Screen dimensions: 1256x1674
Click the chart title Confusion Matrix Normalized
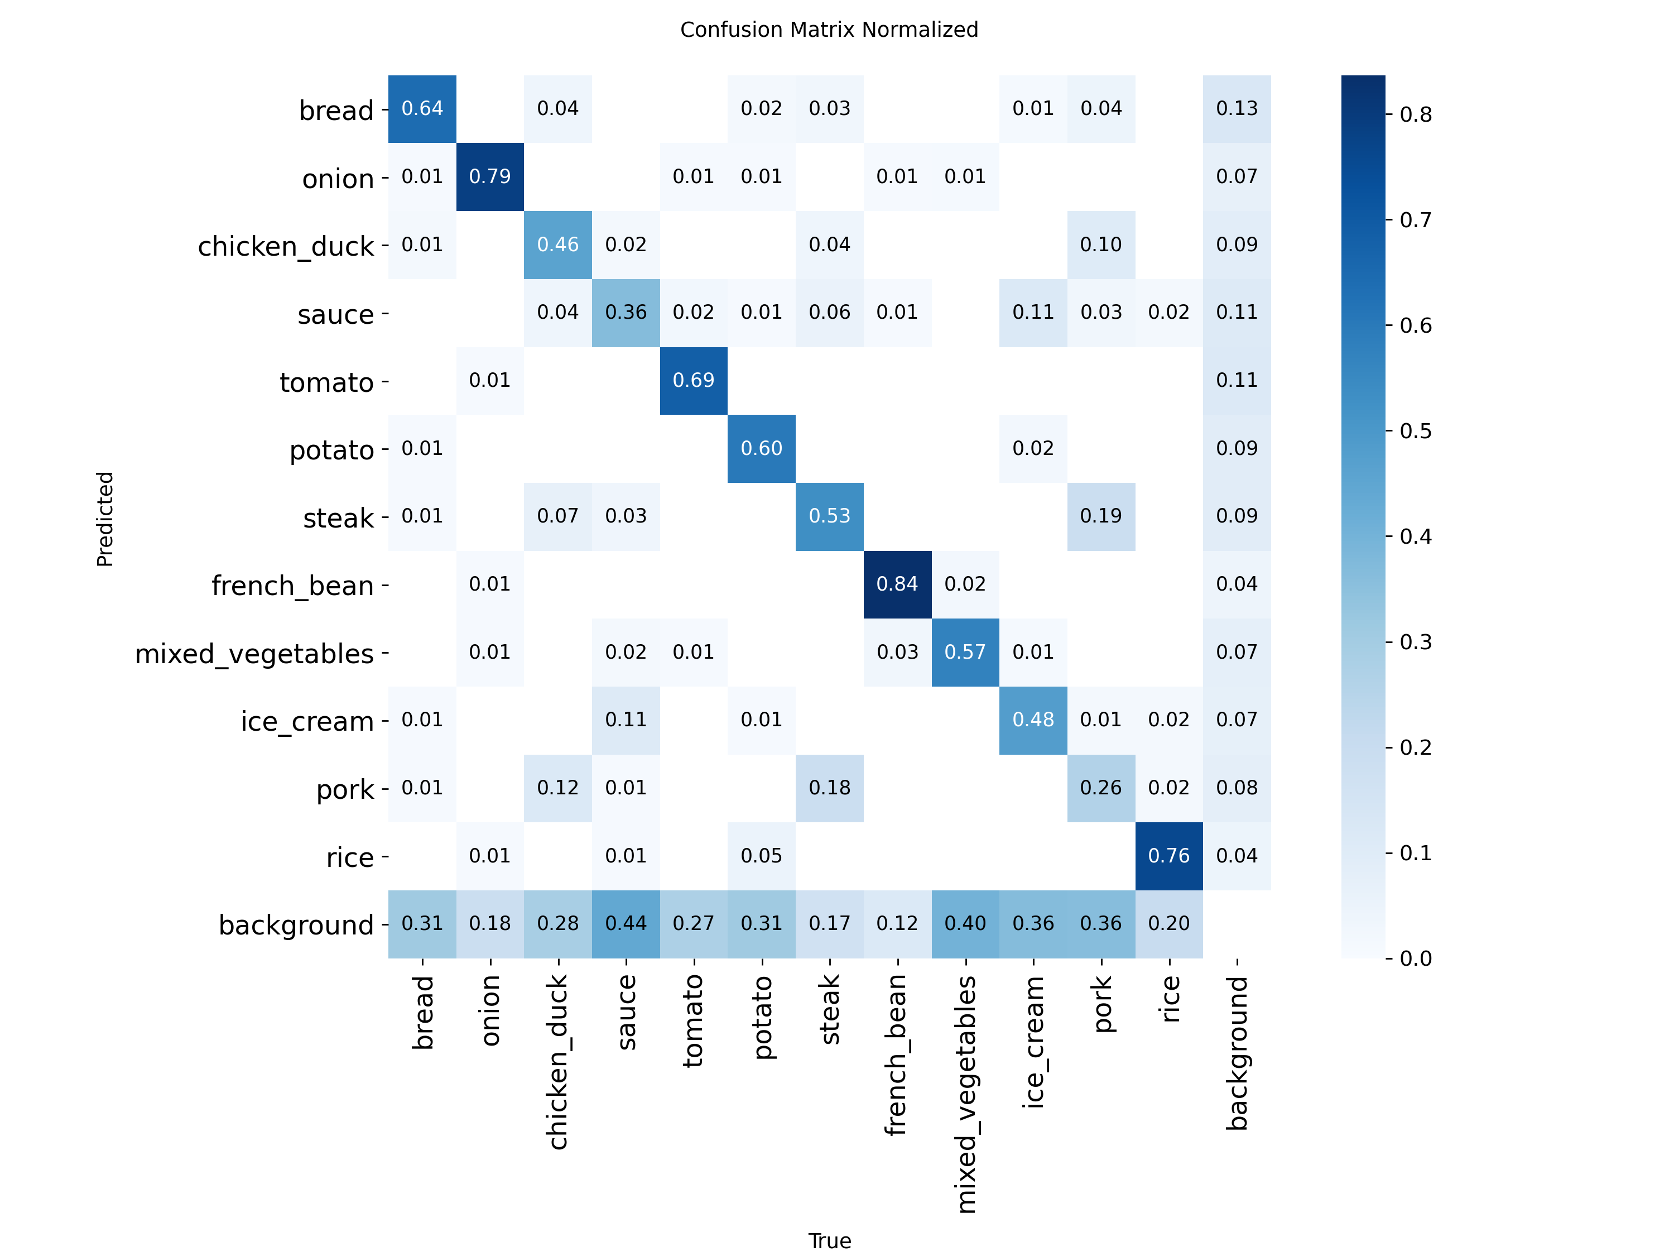coord(829,30)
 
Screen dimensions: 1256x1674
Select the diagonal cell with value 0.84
coord(897,584)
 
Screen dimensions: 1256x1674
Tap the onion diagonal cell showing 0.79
coord(489,176)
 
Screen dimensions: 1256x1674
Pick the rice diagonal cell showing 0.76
coord(1168,856)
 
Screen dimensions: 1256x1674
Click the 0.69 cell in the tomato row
coord(693,380)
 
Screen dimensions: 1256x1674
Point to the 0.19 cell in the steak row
coord(1100,516)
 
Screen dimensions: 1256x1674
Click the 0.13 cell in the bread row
coord(1237,108)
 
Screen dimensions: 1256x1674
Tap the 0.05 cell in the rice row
coord(761,856)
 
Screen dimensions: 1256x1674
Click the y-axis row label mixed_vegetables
coord(254,653)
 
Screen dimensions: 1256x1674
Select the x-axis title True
coord(829,1241)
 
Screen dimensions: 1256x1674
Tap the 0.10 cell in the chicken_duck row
coord(1100,245)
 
